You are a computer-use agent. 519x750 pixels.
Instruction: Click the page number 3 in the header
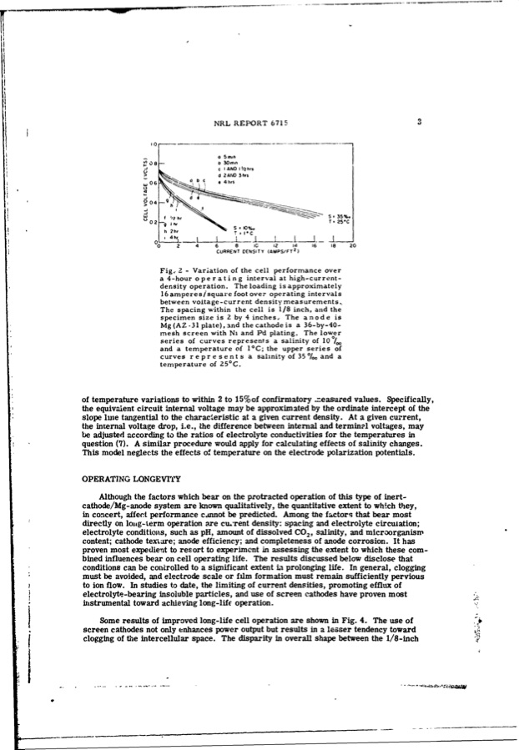tap(420, 122)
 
